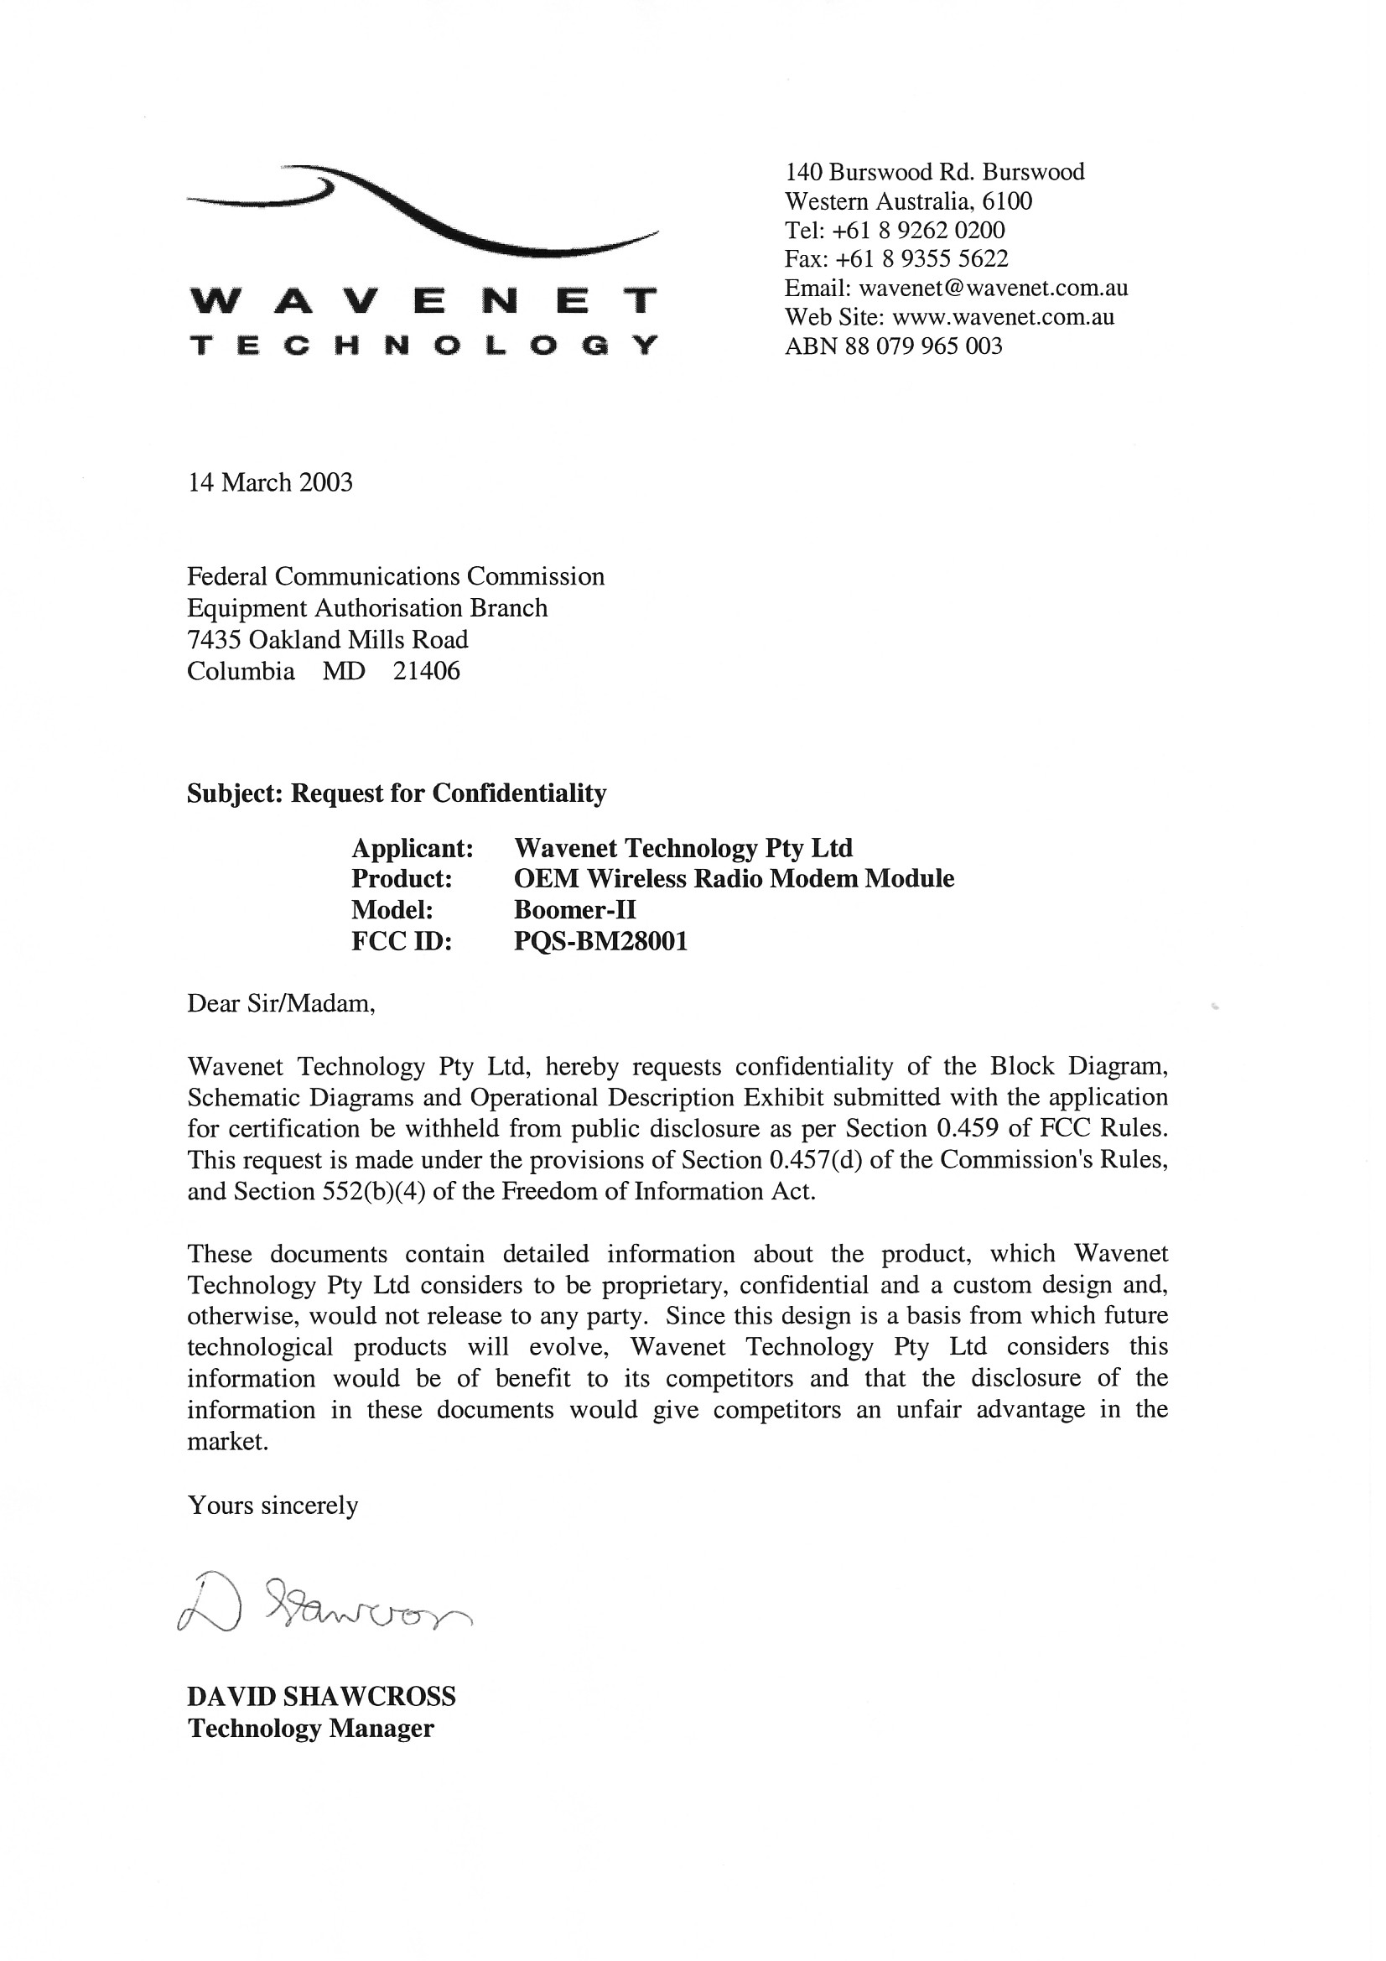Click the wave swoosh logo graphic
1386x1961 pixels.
click(x=423, y=209)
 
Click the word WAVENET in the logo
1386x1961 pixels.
click(x=423, y=301)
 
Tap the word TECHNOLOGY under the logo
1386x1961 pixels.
click(x=423, y=346)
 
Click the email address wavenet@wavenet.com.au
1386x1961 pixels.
click(x=993, y=288)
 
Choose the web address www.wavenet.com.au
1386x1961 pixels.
click(x=1003, y=317)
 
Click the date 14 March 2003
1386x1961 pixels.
click(x=270, y=483)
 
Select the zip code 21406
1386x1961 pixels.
click(x=426, y=671)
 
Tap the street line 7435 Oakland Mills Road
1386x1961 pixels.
click(x=328, y=640)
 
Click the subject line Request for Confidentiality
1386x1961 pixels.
click(x=449, y=793)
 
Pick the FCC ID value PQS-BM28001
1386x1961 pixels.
click(x=600, y=941)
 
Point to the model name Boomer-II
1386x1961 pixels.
click(x=574, y=909)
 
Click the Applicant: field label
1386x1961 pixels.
click(x=413, y=848)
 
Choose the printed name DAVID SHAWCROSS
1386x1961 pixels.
click(x=322, y=1696)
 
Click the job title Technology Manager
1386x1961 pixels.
click(x=311, y=1729)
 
